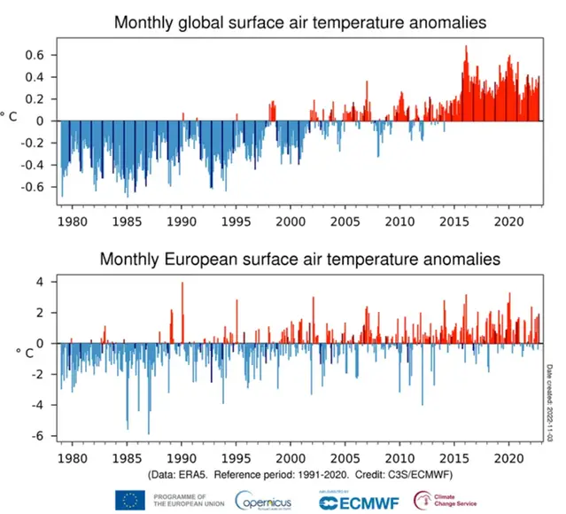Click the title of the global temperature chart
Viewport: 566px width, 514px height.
pos(300,22)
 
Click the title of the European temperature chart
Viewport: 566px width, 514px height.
pos(300,260)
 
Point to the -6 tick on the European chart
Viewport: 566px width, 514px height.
pos(40,437)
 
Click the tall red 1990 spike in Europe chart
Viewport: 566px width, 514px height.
pos(182,285)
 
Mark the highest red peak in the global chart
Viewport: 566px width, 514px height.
pos(466,47)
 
